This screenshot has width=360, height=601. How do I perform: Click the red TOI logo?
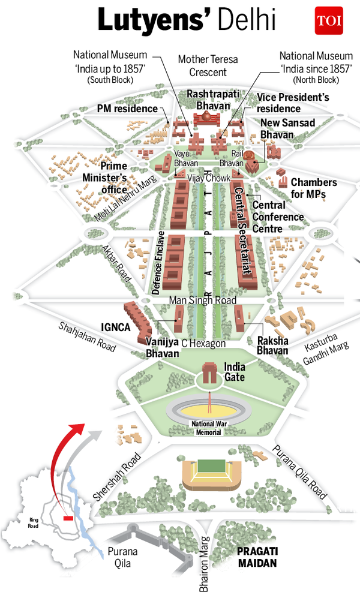tap(328, 21)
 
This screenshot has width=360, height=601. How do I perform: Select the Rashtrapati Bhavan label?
tap(208, 100)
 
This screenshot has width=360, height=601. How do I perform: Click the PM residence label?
tap(127, 109)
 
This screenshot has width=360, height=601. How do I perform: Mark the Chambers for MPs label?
tap(314, 188)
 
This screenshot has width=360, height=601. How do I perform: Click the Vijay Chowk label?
tap(205, 178)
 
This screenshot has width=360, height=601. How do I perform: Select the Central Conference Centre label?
tap(277, 217)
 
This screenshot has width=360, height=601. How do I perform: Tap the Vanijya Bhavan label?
tap(162, 348)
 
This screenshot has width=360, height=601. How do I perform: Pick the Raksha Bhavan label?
tap(272, 345)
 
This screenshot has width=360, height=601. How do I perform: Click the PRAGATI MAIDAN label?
tap(256, 557)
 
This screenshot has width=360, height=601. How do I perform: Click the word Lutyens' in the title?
tap(151, 21)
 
